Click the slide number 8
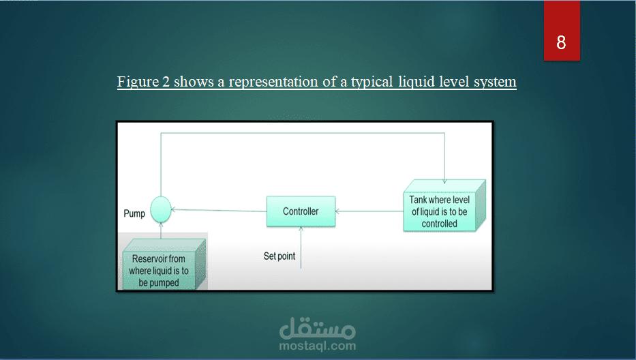tap(561, 42)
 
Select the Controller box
tap(301, 211)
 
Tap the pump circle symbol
tap(160, 209)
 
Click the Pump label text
tap(134, 213)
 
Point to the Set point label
tap(279, 256)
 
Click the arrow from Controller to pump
tap(218, 211)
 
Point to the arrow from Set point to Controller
tap(301, 245)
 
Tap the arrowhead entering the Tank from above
tap(444, 179)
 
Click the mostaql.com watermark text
tap(318, 346)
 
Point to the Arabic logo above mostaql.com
tap(318, 329)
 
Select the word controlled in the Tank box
tap(440, 223)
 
